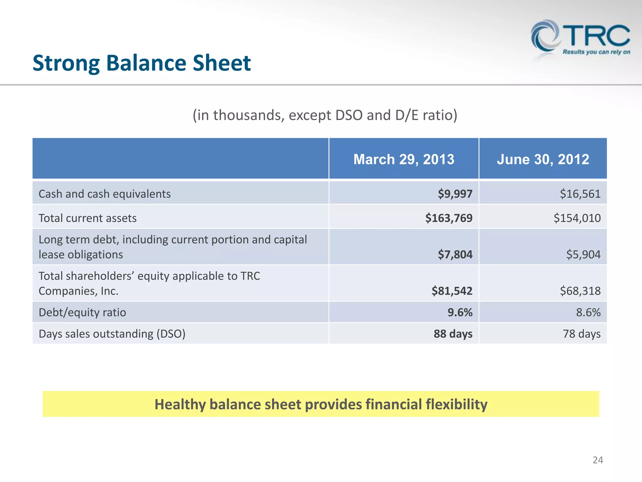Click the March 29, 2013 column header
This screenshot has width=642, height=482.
(404, 159)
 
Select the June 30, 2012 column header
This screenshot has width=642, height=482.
(543, 159)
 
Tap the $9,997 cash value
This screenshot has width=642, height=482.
(455, 194)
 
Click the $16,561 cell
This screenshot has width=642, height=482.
(580, 194)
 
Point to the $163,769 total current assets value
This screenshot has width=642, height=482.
(449, 218)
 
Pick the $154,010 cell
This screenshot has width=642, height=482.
(577, 218)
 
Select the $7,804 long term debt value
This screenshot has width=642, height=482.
(455, 254)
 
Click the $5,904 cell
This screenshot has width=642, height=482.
(583, 254)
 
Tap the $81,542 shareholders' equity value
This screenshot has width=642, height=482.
(452, 291)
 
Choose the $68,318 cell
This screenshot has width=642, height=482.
(580, 291)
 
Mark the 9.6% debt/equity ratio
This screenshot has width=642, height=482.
(460, 313)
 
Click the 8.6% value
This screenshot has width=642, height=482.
(588, 313)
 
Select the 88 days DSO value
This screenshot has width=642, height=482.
(453, 334)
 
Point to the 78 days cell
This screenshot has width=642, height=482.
(581, 334)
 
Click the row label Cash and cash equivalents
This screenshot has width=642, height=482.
(104, 194)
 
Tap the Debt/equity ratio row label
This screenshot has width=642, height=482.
(82, 313)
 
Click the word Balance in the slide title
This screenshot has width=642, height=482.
(146, 63)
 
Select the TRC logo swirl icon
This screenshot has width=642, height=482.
(545, 36)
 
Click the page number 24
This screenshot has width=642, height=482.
(597, 460)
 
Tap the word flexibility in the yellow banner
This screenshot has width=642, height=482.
(456, 404)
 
